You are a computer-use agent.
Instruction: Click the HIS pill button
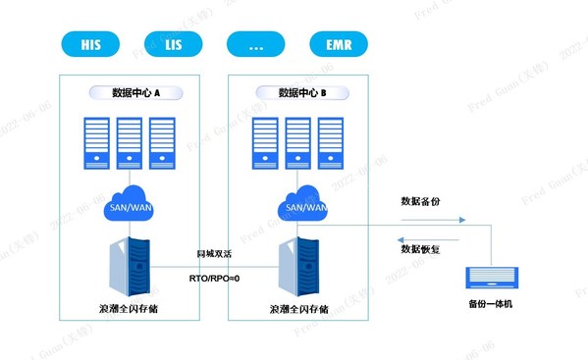[x=90, y=44]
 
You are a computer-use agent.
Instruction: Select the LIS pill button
[x=172, y=44]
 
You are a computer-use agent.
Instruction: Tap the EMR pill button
[x=338, y=44]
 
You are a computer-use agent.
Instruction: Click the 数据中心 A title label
[x=136, y=92]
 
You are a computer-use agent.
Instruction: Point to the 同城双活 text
[x=214, y=253]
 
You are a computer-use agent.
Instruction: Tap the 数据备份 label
[x=420, y=200]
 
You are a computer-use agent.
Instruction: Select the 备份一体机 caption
[x=490, y=303]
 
